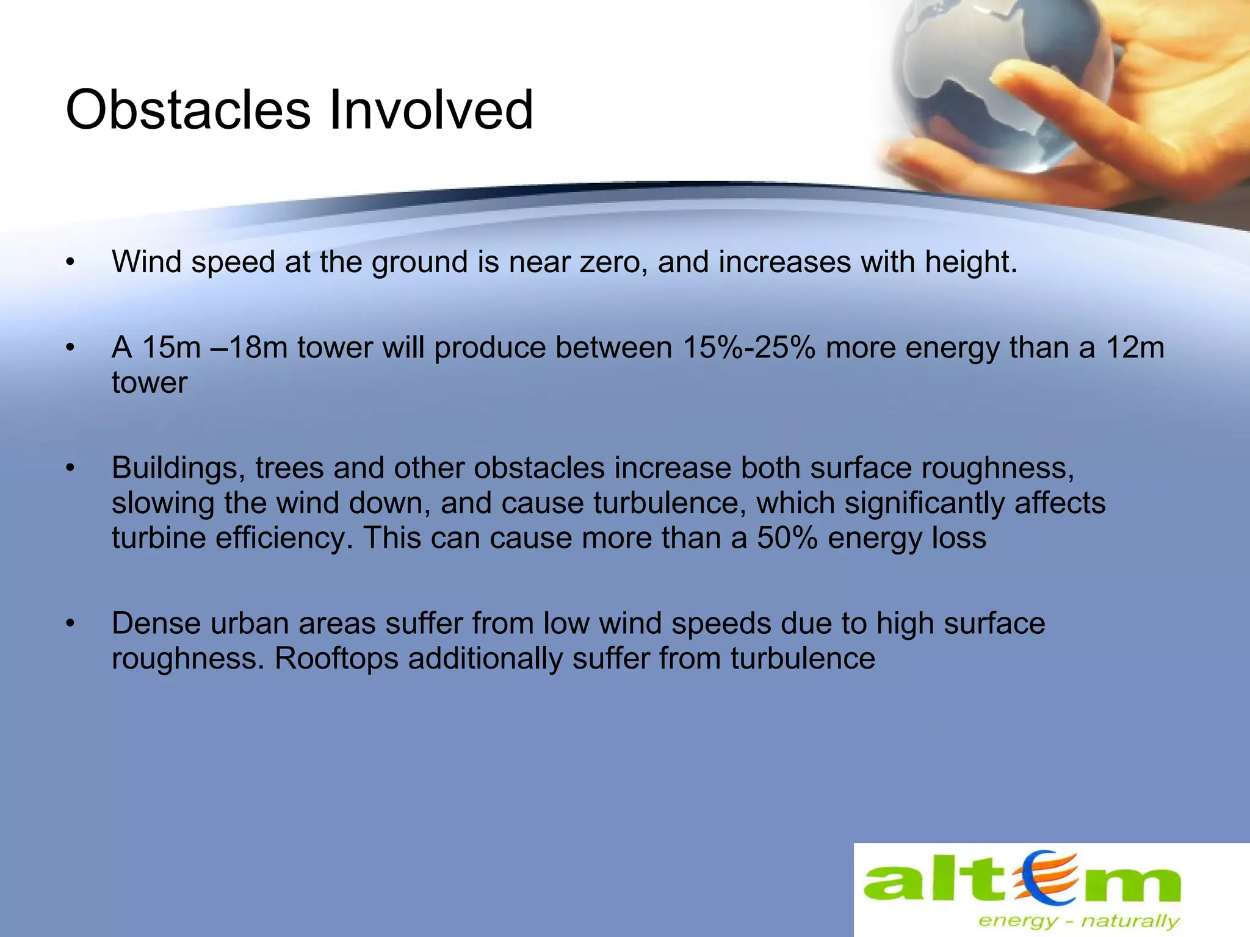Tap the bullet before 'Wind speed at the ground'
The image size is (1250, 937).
point(71,263)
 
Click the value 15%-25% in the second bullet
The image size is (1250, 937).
point(748,348)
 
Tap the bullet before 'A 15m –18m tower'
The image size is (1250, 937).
point(71,348)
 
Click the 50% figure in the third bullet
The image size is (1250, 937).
point(787,539)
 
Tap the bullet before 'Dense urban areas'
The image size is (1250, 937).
point(71,624)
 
